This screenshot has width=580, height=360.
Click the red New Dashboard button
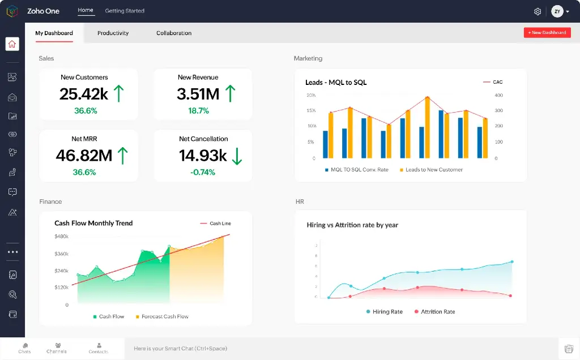coord(547,33)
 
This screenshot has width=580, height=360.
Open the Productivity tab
coord(113,33)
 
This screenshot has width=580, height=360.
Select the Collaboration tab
coord(174,33)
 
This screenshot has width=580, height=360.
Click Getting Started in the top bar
coord(125,11)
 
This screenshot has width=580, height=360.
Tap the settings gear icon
coord(538,11)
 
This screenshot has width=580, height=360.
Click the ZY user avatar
coord(557,11)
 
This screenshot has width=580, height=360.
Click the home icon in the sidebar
coord(12,44)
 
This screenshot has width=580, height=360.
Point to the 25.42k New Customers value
coord(84,94)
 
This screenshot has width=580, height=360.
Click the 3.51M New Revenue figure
coord(198,94)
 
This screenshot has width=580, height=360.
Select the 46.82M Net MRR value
coord(84,155)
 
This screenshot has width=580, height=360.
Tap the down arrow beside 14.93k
coord(237,156)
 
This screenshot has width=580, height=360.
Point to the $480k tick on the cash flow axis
coord(61,237)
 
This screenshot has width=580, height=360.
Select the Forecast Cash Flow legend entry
coord(165,316)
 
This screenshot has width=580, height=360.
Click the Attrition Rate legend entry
coord(437,312)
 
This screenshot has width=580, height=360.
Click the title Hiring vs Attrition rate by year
coord(352,225)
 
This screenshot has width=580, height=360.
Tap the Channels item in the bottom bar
coord(57,348)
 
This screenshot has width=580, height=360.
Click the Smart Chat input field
coord(340,349)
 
